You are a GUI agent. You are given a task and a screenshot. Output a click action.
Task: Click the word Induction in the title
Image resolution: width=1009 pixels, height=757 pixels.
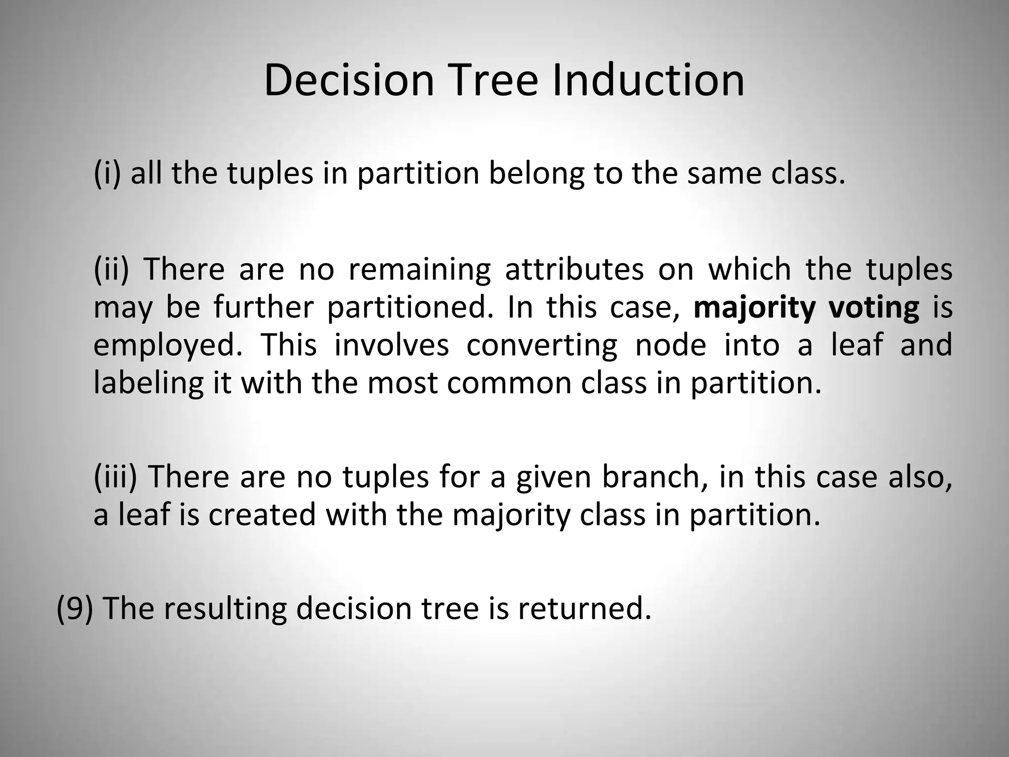pyautogui.click(x=648, y=80)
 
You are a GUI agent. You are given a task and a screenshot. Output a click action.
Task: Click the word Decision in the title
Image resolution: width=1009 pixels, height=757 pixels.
pyautogui.click(x=349, y=80)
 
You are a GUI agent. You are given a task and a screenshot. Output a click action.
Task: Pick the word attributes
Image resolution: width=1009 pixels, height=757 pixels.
pyautogui.click(x=574, y=269)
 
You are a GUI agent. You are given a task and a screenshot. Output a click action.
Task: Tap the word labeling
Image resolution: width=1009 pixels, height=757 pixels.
pyautogui.click(x=148, y=383)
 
